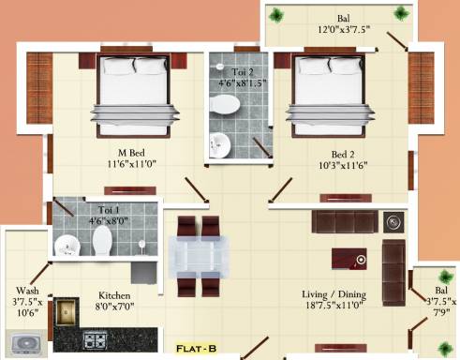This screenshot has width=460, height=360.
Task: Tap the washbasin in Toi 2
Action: (x=220, y=144)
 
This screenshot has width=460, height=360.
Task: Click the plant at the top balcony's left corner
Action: (x=278, y=14)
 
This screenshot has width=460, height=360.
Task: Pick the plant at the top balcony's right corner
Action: (x=401, y=14)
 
